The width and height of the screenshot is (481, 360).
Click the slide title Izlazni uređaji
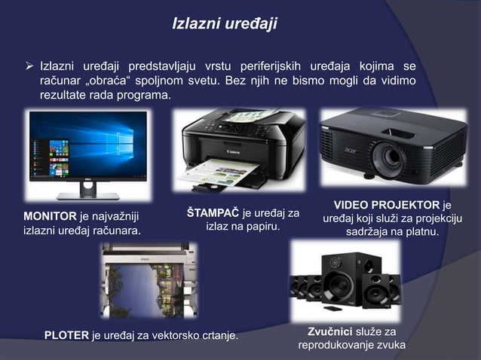pos(225,24)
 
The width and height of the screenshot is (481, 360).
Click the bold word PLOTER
pos(66,334)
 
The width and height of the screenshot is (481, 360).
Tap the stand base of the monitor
pos(88,194)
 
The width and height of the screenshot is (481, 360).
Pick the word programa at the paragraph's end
pos(146,97)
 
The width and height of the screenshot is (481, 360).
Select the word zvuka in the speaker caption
pos(386,346)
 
